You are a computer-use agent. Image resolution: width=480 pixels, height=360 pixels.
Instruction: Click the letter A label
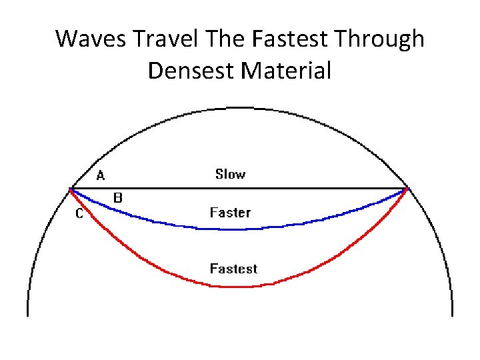[x=101, y=176]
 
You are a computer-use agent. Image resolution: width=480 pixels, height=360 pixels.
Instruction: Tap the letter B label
[x=117, y=198]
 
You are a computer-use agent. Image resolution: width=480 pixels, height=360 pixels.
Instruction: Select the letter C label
[x=79, y=214]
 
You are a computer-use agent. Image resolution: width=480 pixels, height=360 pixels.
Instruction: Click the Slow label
[x=230, y=174]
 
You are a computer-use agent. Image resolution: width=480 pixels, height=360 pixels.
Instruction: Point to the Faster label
[x=230, y=213]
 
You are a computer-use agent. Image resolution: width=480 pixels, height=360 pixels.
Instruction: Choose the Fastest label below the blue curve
[x=233, y=269]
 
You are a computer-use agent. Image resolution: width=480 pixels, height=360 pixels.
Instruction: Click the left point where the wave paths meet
[x=71, y=189]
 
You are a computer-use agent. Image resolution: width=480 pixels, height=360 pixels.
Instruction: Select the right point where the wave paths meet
[x=407, y=189]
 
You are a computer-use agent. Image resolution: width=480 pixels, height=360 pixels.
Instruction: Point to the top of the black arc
[x=239, y=107]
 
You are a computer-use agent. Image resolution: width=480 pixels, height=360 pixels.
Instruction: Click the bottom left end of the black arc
[x=28, y=315]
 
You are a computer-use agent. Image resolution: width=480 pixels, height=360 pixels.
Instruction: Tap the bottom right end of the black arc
[x=452, y=315]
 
